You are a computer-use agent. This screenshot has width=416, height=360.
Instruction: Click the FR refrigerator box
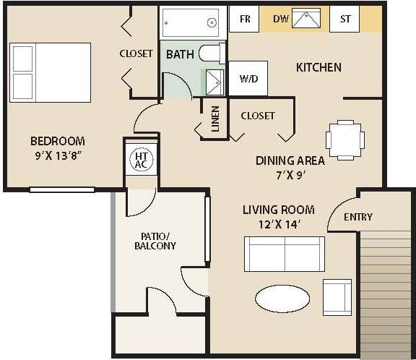click(x=245, y=20)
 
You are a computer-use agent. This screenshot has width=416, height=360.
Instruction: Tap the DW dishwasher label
click(x=280, y=19)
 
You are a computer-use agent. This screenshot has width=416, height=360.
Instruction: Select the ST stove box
click(x=344, y=20)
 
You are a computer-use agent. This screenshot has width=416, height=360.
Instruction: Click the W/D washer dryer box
click(x=247, y=78)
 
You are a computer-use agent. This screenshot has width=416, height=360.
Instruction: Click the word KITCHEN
click(x=318, y=67)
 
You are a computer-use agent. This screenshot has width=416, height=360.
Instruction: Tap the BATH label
click(x=180, y=55)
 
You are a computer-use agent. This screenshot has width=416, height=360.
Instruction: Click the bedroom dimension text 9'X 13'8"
click(x=57, y=155)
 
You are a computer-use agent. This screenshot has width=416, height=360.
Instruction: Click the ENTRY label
click(x=358, y=217)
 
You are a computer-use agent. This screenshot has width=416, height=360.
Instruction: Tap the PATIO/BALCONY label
click(x=155, y=240)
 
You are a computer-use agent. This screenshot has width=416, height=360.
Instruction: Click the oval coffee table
click(x=282, y=297)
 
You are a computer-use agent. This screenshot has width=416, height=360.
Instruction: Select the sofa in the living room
click(x=285, y=253)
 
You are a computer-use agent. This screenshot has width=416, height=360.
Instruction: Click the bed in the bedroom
click(x=51, y=71)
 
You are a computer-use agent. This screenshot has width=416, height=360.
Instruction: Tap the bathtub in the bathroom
click(x=191, y=23)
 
